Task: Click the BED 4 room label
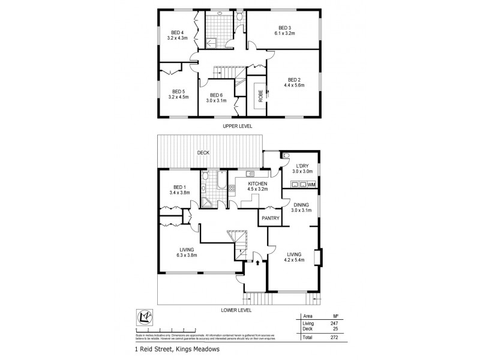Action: coord(176,32)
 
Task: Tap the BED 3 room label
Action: coord(284,28)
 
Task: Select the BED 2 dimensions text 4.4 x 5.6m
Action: coord(294,85)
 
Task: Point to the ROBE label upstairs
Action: coord(260,97)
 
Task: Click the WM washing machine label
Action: coord(311,184)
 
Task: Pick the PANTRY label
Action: coord(269,218)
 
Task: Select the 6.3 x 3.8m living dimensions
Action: coord(187,256)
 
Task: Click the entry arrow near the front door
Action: coord(258,262)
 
